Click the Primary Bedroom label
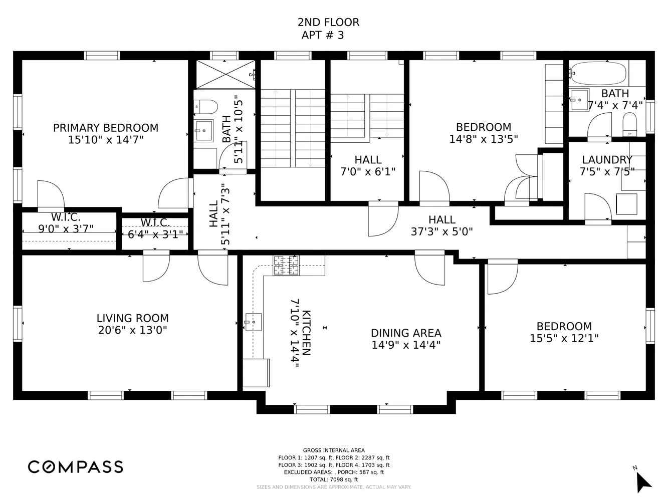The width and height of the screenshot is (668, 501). (x=106, y=128)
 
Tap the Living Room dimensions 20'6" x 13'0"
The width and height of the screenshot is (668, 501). (x=133, y=330)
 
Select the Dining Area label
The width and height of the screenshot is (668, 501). (x=406, y=333)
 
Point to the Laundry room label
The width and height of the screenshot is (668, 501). (x=607, y=160)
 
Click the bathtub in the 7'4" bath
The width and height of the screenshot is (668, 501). (x=598, y=73)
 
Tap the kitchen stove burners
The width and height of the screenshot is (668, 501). (x=286, y=265)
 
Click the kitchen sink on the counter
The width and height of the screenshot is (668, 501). (x=253, y=322)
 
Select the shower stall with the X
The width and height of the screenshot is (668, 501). (x=226, y=75)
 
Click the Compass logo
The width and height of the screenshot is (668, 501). (x=76, y=467)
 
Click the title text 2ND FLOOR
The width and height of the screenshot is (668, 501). (x=328, y=22)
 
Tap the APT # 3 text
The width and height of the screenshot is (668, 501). (x=323, y=35)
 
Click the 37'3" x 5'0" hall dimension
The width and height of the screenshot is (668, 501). (x=442, y=232)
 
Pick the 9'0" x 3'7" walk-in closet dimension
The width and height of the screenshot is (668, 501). (x=66, y=228)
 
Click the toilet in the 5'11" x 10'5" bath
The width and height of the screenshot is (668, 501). (x=206, y=107)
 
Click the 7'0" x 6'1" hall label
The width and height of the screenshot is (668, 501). (x=368, y=166)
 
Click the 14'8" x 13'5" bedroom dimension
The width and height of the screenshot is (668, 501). (x=484, y=139)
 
